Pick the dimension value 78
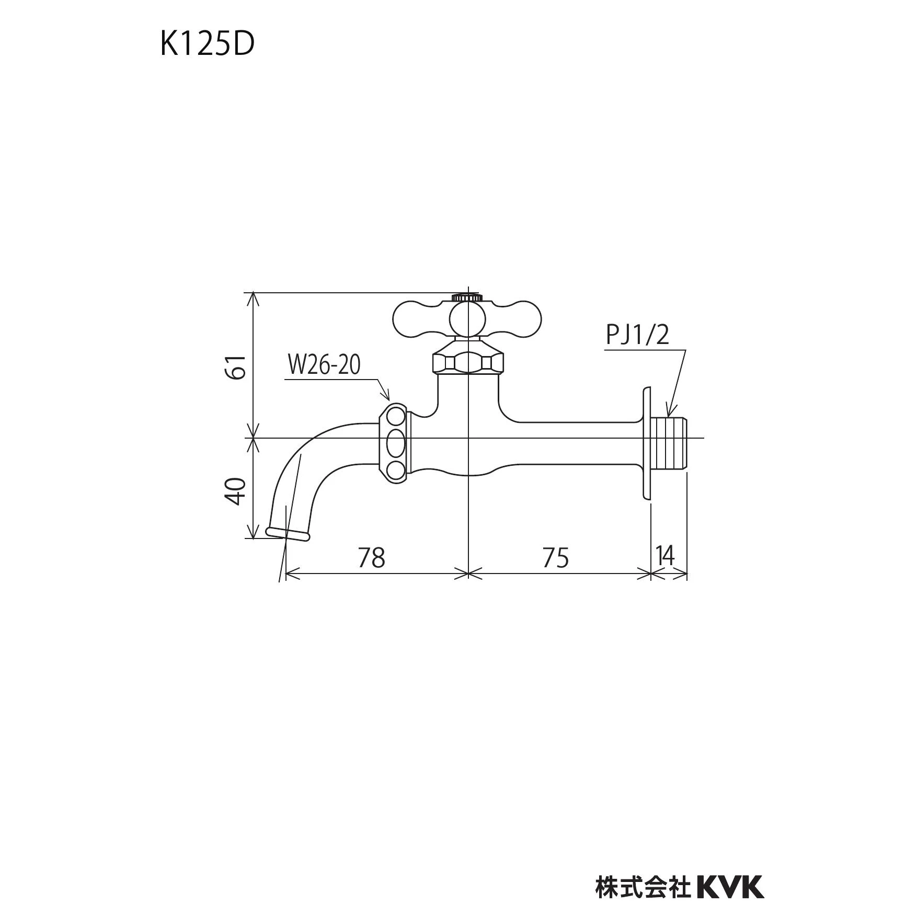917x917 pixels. pyautogui.click(x=372, y=558)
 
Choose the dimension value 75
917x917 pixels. pyautogui.click(x=555, y=558)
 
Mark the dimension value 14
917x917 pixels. pyautogui.click(x=665, y=555)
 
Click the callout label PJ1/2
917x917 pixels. pyautogui.click(x=637, y=335)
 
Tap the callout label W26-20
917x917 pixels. pyautogui.click(x=324, y=365)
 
